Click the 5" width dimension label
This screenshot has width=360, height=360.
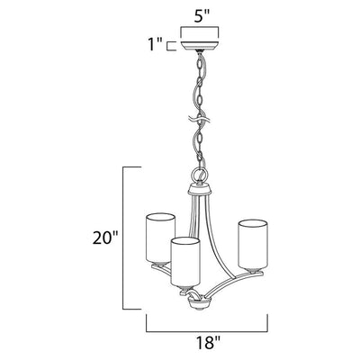pyautogui.click(x=200, y=17)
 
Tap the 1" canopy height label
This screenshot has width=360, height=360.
pyautogui.click(x=156, y=45)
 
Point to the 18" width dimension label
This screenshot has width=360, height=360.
pyautogui.click(x=208, y=342)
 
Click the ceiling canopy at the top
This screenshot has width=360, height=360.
pyautogui.click(x=200, y=46)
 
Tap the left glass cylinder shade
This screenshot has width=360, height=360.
pyautogui.click(x=160, y=238)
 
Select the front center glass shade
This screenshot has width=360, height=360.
pyautogui.click(x=185, y=262)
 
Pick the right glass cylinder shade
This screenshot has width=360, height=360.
pyautogui.click(x=253, y=244)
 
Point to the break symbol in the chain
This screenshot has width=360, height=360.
pyautogui.click(x=199, y=119)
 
